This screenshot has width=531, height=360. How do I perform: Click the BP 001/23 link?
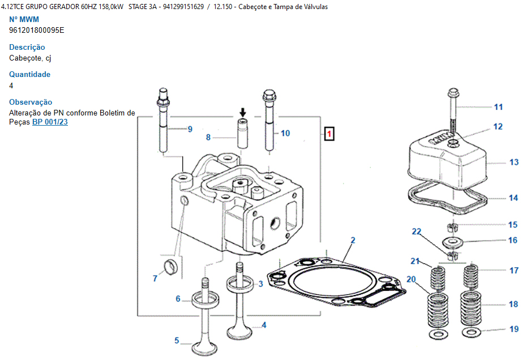50,122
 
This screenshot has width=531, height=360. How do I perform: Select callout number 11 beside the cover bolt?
498,107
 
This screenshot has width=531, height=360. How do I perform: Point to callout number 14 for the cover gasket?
513,198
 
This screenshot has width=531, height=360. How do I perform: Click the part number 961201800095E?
37,30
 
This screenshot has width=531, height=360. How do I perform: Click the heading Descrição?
27,47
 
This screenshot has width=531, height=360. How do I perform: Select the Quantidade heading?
29,74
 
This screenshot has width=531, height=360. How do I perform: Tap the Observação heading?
31,102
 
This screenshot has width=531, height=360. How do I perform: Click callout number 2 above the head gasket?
353,241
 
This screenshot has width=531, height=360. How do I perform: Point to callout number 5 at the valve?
177,341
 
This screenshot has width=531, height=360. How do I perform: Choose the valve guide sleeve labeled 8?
243,134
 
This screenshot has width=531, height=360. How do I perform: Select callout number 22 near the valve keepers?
417,232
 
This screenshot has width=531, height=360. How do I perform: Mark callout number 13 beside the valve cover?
513,162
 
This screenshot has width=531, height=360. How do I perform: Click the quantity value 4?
11,85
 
